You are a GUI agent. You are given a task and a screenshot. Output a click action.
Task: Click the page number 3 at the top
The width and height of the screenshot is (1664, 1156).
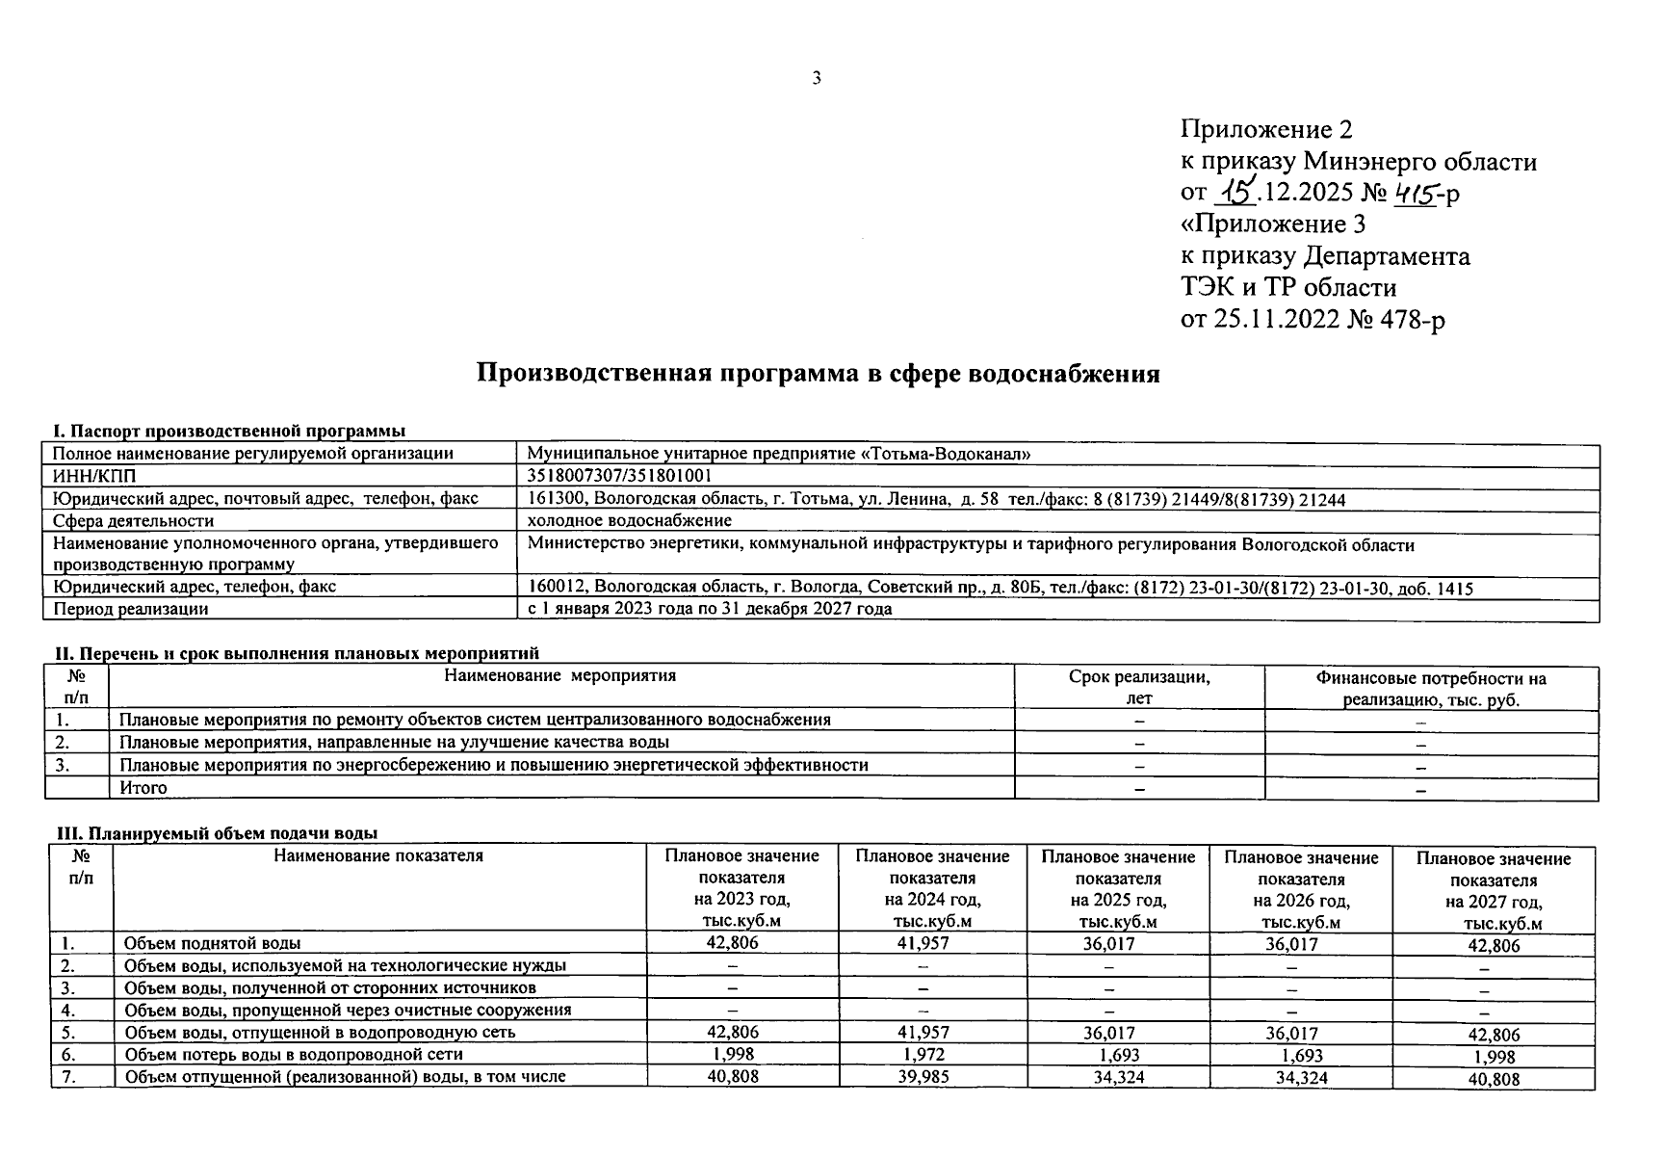(817, 79)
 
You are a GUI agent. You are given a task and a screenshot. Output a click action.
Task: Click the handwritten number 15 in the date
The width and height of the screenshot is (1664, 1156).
(1235, 192)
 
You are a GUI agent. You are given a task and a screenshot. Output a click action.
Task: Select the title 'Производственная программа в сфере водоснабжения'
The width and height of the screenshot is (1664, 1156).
(819, 374)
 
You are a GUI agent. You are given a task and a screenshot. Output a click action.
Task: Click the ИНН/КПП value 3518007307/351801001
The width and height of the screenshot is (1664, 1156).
(620, 476)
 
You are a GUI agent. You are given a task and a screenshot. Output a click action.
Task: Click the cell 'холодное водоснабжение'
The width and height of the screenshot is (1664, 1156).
(630, 521)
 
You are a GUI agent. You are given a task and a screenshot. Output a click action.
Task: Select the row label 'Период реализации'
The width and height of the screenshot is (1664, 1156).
(131, 609)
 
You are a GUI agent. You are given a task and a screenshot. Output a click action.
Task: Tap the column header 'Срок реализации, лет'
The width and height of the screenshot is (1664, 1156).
(1139, 688)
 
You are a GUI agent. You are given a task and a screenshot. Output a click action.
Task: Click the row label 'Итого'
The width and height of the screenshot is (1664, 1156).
(143, 788)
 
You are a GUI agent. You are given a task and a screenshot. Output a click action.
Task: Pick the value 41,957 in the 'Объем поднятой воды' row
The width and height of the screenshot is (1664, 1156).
(923, 943)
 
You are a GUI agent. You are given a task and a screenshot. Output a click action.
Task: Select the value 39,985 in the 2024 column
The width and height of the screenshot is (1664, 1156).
(923, 1077)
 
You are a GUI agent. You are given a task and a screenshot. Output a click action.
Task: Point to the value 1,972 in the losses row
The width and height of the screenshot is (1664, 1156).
(923, 1055)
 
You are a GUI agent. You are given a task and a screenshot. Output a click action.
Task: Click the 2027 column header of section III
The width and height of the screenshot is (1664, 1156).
(1493, 891)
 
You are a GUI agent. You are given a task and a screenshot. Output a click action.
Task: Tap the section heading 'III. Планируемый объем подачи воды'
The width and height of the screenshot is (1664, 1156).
(215, 833)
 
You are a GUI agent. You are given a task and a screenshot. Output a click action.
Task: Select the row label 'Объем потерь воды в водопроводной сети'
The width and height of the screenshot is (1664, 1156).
(295, 1055)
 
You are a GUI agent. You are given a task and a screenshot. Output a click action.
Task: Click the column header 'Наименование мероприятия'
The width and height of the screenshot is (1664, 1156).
(560, 676)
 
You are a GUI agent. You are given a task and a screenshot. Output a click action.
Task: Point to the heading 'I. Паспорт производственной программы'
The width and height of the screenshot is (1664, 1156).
(229, 431)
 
